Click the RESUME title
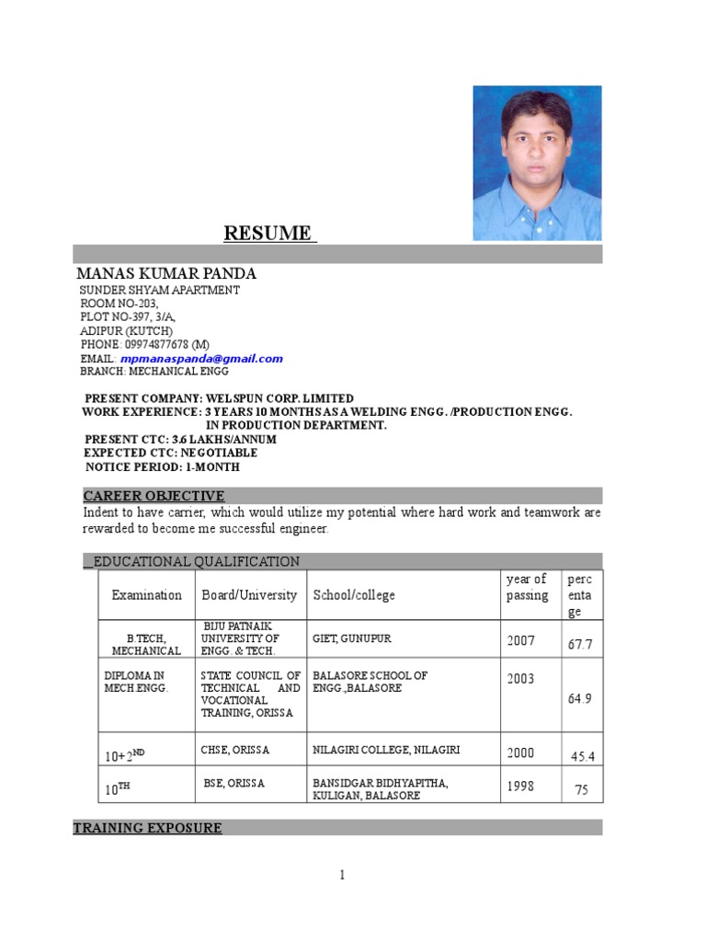[x=269, y=233]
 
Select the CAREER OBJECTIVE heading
[x=154, y=496]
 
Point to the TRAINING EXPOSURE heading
[x=147, y=828]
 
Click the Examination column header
[x=147, y=595]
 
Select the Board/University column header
[x=249, y=595]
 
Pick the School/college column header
[x=354, y=595]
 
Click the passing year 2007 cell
[x=520, y=640]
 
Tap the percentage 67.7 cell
[x=580, y=645]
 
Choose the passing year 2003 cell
[x=520, y=679]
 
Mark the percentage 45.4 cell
[x=583, y=756]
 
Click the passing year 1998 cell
[x=520, y=787]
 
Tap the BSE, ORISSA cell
[x=234, y=783]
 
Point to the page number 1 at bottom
[x=342, y=875]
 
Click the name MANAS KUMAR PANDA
[x=166, y=274]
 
